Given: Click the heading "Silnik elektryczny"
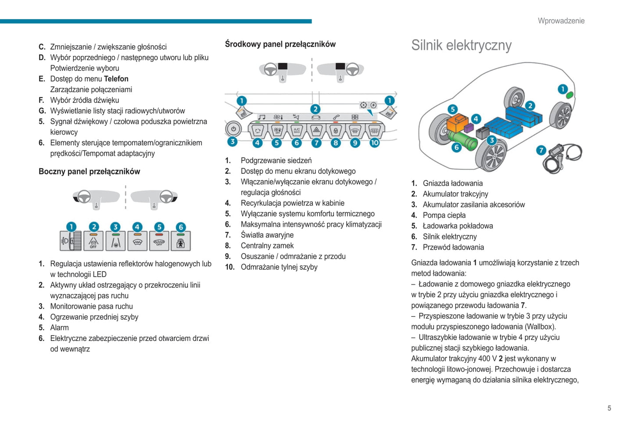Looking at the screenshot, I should pos(461,45).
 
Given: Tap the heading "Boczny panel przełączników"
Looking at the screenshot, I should pos(89,172).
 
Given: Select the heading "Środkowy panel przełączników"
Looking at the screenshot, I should pos(280,44).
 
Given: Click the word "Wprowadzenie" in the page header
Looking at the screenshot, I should pos(561,21).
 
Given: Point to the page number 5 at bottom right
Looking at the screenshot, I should pos(609,408).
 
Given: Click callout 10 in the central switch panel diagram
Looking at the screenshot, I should pos(374,143).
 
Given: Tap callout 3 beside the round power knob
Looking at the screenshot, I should pos(232,141).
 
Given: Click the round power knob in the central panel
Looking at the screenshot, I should pos(233,129).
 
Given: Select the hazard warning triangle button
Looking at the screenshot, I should pos(316,130).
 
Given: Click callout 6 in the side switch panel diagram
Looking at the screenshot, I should pos(181,227).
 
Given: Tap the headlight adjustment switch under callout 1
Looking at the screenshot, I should pos(71,241).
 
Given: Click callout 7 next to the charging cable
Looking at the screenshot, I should pos(541,150).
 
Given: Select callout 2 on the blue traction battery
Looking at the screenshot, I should pos(530,106).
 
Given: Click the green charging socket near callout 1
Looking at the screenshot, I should pos(570,95).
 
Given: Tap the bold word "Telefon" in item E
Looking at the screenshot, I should pos(116,79).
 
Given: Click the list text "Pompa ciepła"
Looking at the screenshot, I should pos(444,215).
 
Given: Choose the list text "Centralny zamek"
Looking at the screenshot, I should pos(267,246).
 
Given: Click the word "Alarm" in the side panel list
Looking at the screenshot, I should pos(59,328).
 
